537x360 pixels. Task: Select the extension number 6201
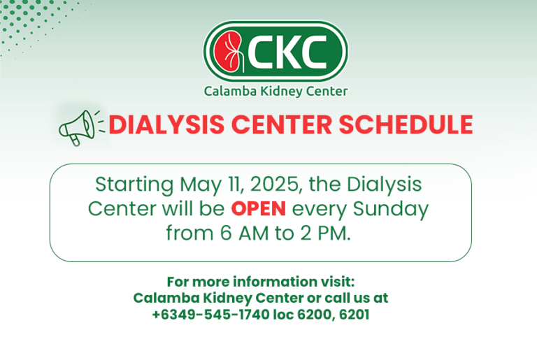pyautogui.click(x=354, y=315)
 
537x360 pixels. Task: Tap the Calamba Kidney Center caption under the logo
pyautogui.click(x=275, y=91)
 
